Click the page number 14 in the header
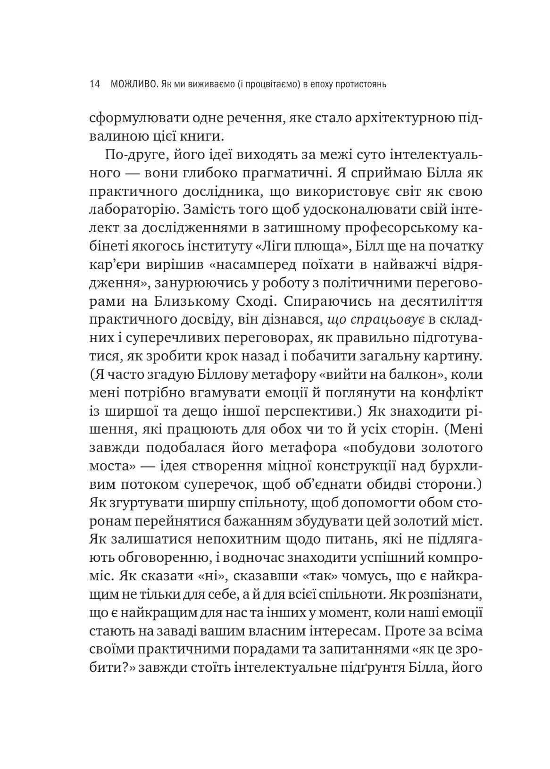point(94,84)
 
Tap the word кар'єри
point(109,264)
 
